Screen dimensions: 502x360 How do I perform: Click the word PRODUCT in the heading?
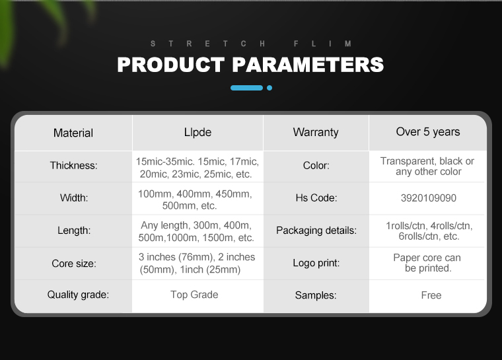click(x=171, y=64)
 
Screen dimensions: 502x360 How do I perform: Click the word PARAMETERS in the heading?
click(x=308, y=64)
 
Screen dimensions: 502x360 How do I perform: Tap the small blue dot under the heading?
click(x=269, y=88)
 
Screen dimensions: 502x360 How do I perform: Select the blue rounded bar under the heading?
click(x=247, y=88)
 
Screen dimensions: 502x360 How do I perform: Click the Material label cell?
click(x=73, y=133)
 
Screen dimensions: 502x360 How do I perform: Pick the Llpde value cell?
click(x=198, y=132)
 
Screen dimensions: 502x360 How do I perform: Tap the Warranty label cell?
click(x=316, y=132)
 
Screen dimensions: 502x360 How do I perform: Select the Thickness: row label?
click(x=73, y=165)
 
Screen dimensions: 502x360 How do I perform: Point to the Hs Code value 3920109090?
click(x=429, y=198)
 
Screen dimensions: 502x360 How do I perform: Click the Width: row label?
click(x=74, y=198)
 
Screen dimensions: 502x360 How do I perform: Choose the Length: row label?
click(x=74, y=231)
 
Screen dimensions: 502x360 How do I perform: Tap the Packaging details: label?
click(x=316, y=231)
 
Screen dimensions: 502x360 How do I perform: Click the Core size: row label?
click(x=74, y=264)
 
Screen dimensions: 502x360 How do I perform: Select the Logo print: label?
click(x=316, y=263)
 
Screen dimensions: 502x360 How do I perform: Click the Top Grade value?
click(x=194, y=295)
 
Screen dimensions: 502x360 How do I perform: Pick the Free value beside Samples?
click(x=431, y=295)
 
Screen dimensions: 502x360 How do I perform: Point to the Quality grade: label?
click(x=78, y=295)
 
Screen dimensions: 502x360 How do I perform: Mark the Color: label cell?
click(x=316, y=165)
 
